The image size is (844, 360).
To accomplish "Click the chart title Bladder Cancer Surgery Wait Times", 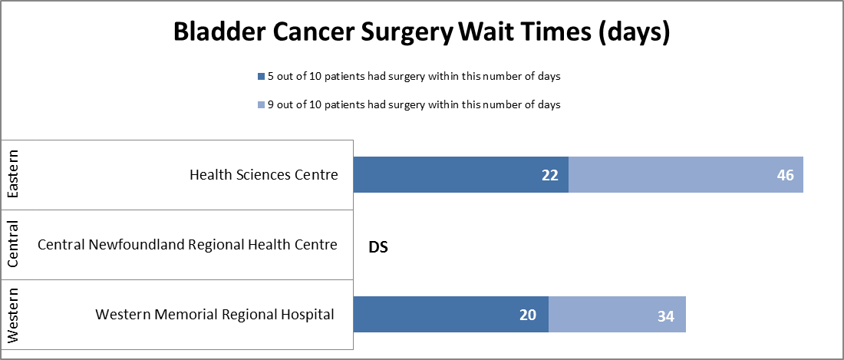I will pyautogui.click(x=421, y=33).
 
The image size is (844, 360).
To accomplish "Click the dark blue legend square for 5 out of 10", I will pyautogui.click(x=261, y=77).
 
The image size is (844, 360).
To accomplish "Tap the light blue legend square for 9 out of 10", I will pyautogui.click(x=261, y=105).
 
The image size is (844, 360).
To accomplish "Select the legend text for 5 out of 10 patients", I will pyautogui.click(x=413, y=77).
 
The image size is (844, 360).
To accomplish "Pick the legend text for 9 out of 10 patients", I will pyautogui.click(x=413, y=105).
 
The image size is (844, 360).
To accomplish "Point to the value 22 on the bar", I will pyautogui.click(x=549, y=176).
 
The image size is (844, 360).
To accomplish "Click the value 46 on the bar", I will pyautogui.click(x=784, y=176).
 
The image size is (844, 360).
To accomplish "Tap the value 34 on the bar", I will pyautogui.click(x=665, y=315).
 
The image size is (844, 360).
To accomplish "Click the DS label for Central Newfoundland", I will pyautogui.click(x=378, y=248).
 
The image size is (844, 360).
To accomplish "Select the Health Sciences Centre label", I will pyautogui.click(x=263, y=175).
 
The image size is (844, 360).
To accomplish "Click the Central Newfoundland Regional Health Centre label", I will pyautogui.click(x=187, y=245).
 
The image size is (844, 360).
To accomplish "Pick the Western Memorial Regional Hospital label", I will pyautogui.click(x=215, y=315).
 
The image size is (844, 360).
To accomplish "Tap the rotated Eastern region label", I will pyautogui.click(x=13, y=175).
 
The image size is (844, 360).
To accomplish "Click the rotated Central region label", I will pyautogui.click(x=13, y=245).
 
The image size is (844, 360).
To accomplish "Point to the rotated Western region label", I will pyautogui.click(x=13, y=315).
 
